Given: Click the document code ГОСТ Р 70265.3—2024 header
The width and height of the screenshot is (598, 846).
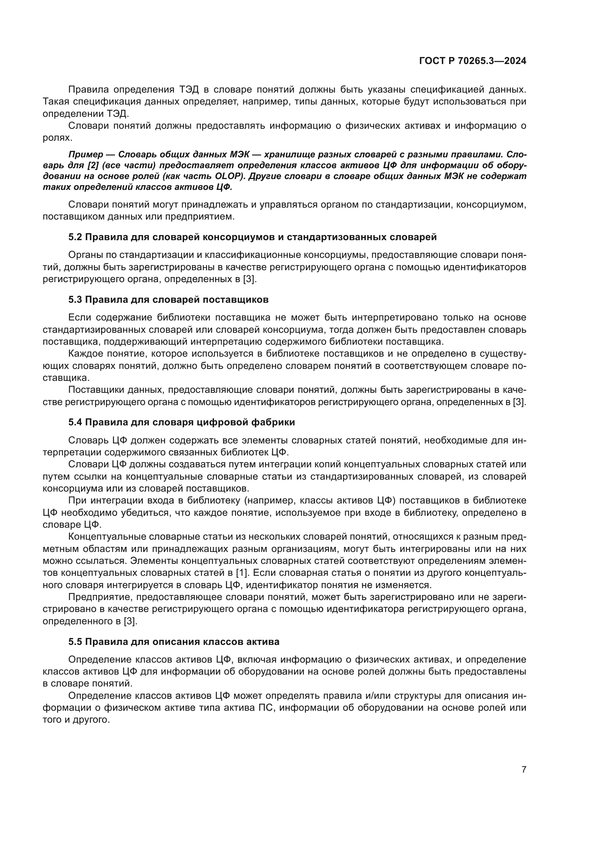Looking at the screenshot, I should coord(473,61).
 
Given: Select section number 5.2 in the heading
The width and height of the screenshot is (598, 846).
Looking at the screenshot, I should coord(75,237).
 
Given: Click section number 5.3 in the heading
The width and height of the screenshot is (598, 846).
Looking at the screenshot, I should coord(75,299).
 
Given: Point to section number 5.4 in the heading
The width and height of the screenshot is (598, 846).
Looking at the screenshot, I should coord(75,422).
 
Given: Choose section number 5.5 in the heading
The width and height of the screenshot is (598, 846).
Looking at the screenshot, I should coord(75,642).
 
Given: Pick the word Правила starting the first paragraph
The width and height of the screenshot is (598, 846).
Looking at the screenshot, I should coord(88,90).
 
